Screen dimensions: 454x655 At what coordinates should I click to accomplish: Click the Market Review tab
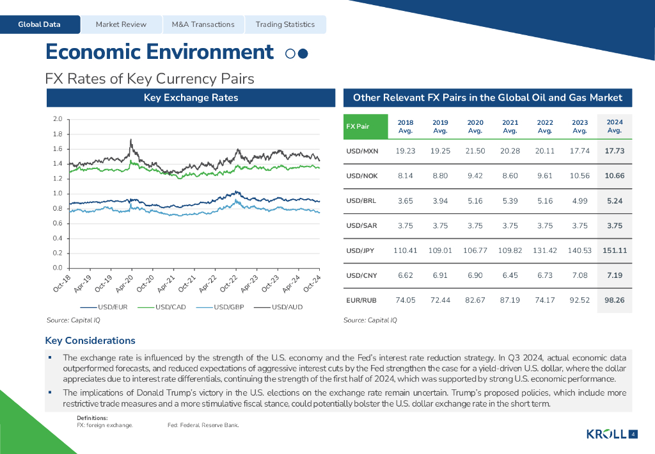coord(121,24)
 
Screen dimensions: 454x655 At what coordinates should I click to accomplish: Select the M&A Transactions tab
coord(203,24)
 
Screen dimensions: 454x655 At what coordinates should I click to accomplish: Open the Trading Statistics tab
coord(285,24)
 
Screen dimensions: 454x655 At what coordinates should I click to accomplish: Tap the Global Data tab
coord(40,24)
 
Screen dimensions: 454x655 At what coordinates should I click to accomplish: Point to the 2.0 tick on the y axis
coord(57,119)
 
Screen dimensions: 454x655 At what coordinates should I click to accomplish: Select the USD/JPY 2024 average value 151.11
coord(614,250)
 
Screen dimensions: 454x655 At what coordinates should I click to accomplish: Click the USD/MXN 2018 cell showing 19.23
coord(406,151)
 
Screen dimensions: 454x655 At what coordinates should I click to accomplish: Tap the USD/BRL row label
coord(361,200)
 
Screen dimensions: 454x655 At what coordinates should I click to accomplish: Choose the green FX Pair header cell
coord(366,126)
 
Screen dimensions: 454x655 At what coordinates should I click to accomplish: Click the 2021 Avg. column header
coord(510,126)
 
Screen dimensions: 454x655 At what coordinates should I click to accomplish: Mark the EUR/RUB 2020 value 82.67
coord(475,300)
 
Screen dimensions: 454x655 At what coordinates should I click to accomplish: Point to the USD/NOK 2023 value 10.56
coord(580,175)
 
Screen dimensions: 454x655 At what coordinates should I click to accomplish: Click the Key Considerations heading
coord(90,341)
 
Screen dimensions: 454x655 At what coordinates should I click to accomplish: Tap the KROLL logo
coord(606,435)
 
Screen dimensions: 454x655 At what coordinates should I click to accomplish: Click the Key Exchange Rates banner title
coord(191,98)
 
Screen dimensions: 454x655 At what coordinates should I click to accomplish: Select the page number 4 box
coord(633,435)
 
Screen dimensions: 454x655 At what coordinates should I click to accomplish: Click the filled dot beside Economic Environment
coord(303,54)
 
